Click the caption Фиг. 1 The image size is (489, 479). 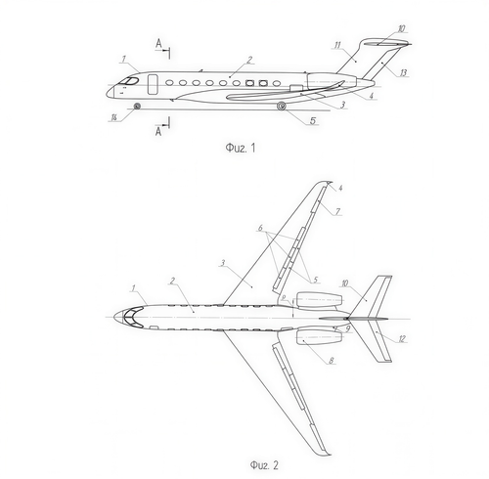point(241,148)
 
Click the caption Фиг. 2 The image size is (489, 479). point(264,464)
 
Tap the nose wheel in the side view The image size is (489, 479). point(137,106)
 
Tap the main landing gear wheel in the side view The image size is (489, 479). point(282,106)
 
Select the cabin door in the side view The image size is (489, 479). point(153,84)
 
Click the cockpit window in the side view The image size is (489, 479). point(130,81)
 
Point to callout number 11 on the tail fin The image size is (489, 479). point(337,45)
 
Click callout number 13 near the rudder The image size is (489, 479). point(403,72)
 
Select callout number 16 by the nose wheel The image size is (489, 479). point(113,117)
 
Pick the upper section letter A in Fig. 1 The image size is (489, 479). point(158,43)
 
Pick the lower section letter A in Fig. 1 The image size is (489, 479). point(158,131)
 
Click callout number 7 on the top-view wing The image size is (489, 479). point(337,212)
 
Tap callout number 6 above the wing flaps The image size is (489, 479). point(260,228)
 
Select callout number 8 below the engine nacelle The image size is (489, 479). point(332,361)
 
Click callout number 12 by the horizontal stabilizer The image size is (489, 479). point(402,338)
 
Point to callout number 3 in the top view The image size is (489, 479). point(223,263)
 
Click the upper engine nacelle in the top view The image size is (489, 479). point(319,300)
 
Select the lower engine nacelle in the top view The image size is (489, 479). point(319,336)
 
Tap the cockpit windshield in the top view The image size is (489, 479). point(133,317)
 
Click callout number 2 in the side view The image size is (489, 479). point(249,60)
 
